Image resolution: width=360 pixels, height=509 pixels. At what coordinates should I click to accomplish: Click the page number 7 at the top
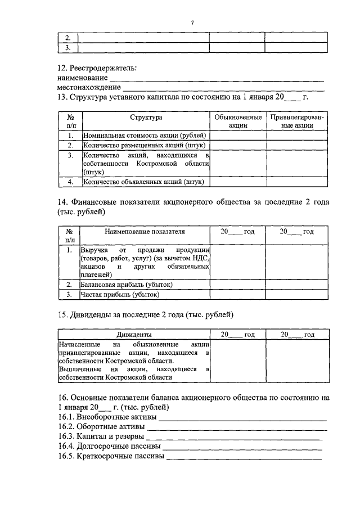coord(192,22)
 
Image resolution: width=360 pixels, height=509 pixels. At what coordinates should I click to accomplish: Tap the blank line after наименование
coord(216,79)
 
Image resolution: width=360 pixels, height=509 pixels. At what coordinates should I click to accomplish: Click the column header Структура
coord(146,118)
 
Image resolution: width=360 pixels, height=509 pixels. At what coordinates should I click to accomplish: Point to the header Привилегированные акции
coord(297,121)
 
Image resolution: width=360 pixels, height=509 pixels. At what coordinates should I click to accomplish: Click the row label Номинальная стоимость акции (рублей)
coord(145,136)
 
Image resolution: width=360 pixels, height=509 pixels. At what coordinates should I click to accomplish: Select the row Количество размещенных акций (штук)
coord(142,145)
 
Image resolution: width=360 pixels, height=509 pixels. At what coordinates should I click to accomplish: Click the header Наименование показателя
coord(146,231)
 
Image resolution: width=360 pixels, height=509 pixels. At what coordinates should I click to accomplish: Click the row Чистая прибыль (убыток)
coord(120,294)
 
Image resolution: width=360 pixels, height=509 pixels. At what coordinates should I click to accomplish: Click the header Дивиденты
coord(134,334)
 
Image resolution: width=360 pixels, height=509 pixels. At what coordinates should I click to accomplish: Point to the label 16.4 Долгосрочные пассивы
coord(109,447)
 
